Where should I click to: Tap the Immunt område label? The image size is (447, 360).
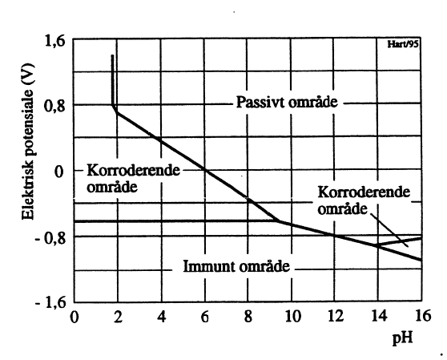237,266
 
